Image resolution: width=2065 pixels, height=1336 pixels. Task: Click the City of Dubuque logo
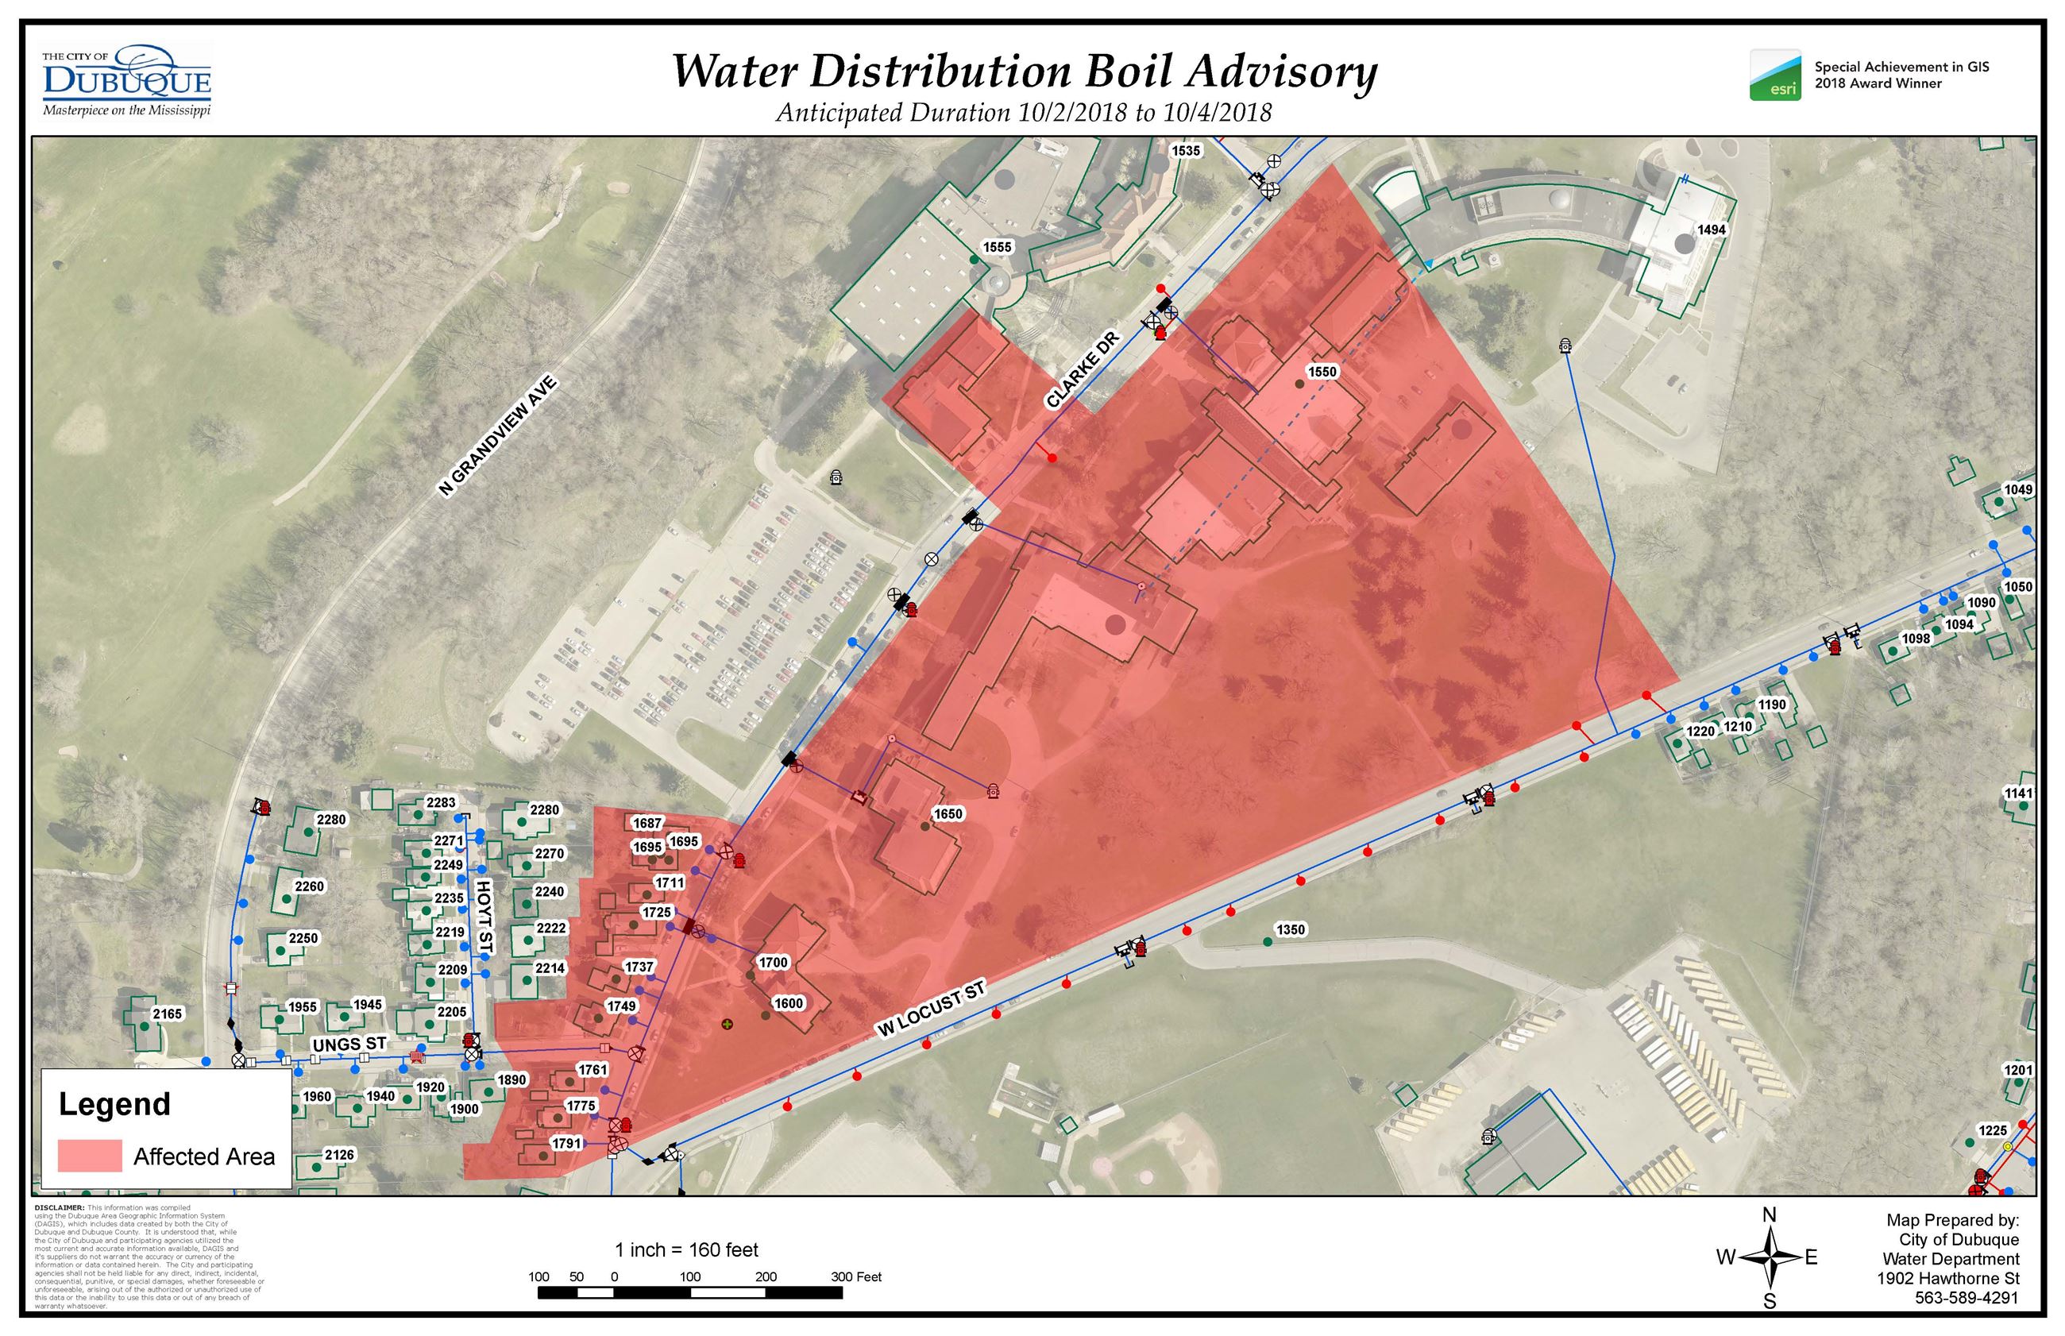click(x=126, y=81)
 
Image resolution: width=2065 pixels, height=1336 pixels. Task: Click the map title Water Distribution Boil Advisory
click(x=1024, y=71)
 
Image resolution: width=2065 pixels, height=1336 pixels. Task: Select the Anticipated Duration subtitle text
click(x=1024, y=113)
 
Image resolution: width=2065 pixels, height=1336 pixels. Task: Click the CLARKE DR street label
click(x=1082, y=369)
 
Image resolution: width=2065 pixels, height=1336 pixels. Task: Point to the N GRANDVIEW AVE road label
click(x=497, y=436)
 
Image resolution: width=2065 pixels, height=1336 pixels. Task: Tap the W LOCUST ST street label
click(x=932, y=1009)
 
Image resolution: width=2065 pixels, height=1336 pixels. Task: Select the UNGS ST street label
click(x=349, y=1044)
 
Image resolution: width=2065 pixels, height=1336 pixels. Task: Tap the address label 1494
click(x=1711, y=230)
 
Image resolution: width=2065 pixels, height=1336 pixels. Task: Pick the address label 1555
click(x=997, y=247)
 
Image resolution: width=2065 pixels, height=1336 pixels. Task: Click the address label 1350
click(x=1290, y=929)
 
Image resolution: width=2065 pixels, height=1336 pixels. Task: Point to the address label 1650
click(x=947, y=813)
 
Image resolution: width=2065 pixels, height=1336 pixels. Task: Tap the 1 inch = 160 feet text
click(x=686, y=1250)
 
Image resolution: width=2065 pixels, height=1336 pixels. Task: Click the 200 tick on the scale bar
click(x=765, y=1277)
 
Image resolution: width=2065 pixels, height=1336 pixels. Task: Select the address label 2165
click(x=168, y=1014)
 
